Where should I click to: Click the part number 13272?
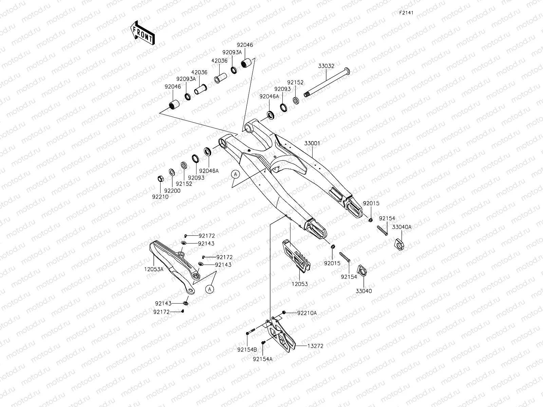315,346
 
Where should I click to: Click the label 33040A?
402,227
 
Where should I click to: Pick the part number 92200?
172,191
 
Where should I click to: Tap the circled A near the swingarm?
236,174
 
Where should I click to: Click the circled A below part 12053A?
210,289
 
